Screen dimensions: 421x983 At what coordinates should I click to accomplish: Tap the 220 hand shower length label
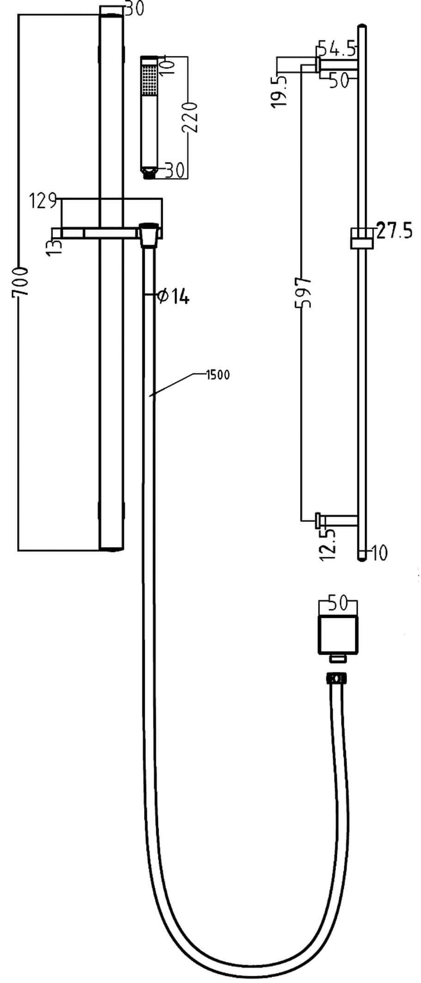point(190,117)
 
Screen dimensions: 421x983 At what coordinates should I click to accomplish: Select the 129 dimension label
point(43,202)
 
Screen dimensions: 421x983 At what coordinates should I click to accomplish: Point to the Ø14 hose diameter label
point(173,296)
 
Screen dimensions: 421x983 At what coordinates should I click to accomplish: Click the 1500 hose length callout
point(218,375)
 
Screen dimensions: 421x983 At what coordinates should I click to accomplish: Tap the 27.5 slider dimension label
point(394,230)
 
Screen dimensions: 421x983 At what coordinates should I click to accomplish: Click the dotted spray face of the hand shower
point(149,80)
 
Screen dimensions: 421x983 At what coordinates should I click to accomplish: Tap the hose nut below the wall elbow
point(338,680)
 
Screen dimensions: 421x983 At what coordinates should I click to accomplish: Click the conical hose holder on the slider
point(149,235)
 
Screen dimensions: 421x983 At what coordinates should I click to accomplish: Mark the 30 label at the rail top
point(133,9)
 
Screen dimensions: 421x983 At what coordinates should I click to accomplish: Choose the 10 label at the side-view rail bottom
point(379,553)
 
